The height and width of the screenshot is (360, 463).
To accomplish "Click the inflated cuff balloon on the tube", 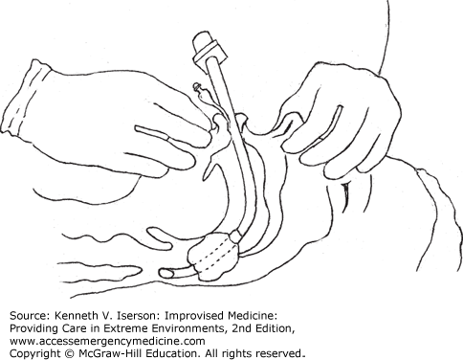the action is point(212,257).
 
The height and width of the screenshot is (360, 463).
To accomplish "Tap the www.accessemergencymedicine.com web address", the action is point(107,341).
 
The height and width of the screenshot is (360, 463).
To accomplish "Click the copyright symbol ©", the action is point(67,353).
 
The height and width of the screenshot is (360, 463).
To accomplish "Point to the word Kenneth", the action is point(77,316).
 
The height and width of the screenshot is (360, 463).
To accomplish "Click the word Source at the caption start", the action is point(29,316).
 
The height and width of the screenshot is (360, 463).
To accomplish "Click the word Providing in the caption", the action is point(30,328).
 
